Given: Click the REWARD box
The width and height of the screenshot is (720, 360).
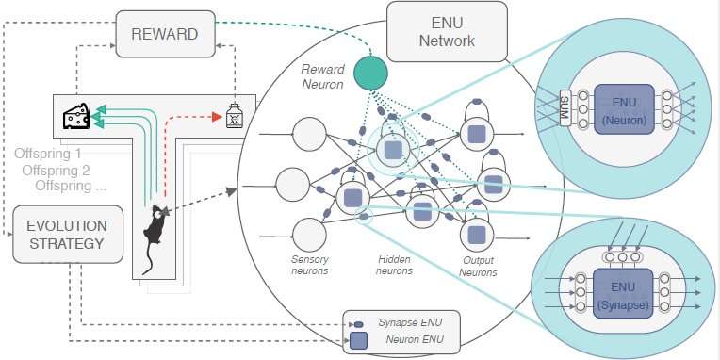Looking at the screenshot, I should click(166, 35).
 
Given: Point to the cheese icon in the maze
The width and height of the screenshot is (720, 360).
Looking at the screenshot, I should click(75, 116).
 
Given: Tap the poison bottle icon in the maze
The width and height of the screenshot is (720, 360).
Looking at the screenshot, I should click(235, 117).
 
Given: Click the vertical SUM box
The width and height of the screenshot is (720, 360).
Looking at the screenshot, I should click(565, 108).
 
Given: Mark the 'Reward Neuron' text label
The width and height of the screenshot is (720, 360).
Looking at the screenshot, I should click(323, 76).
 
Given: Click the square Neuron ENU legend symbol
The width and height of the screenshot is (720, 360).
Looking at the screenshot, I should click(360, 340).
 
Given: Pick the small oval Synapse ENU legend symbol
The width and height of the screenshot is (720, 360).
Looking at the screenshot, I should click(359, 323).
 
